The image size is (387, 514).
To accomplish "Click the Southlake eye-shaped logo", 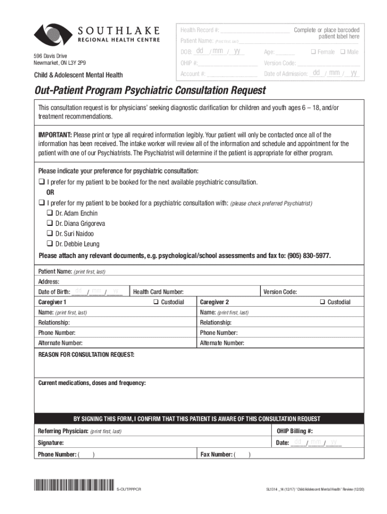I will (53, 35).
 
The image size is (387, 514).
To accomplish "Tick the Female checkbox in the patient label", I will (313, 52).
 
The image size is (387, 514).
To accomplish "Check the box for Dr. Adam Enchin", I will (50, 213).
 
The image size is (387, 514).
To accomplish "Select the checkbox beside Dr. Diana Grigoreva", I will (50, 223).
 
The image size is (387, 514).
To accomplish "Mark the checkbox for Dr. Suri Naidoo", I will (50, 233).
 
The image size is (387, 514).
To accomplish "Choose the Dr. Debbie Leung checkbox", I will (50, 244).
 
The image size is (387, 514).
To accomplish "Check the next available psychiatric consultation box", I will (41, 182).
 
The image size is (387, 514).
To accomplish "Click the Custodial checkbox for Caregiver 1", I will (156, 302).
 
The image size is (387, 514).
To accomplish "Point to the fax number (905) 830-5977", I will (309, 255).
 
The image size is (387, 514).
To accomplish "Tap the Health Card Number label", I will (158, 292).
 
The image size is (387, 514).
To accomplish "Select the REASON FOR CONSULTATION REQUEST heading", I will (86, 355).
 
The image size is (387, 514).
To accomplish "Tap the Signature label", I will (51, 443).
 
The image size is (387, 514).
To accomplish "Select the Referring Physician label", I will (63, 431).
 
